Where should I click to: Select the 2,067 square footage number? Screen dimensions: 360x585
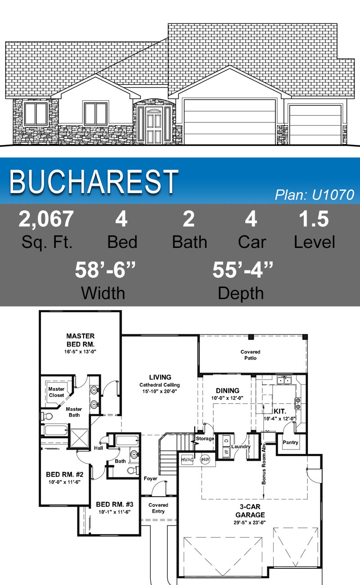(x=46, y=219)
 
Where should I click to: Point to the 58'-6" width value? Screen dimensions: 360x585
(x=105, y=270)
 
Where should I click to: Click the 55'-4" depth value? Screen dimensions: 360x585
(x=243, y=270)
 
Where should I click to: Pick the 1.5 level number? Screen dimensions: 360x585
(x=314, y=219)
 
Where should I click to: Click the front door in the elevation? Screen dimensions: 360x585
(x=154, y=126)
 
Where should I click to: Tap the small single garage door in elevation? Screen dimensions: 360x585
(x=315, y=125)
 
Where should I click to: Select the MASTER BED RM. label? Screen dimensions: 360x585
(x=81, y=340)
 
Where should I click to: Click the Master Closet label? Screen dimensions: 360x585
(x=56, y=392)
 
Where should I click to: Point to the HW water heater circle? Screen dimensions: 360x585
(x=205, y=459)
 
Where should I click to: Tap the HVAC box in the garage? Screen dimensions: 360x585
(x=187, y=459)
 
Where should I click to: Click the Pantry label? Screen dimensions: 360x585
(x=290, y=442)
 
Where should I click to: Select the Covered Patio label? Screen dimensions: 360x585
(x=250, y=355)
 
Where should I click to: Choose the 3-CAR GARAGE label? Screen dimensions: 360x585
(x=250, y=511)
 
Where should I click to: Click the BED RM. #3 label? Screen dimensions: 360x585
(x=114, y=504)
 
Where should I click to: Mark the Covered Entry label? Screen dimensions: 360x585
(x=158, y=508)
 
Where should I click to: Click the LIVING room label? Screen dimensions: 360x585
(x=160, y=377)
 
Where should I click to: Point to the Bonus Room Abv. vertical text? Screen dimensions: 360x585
(x=264, y=463)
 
